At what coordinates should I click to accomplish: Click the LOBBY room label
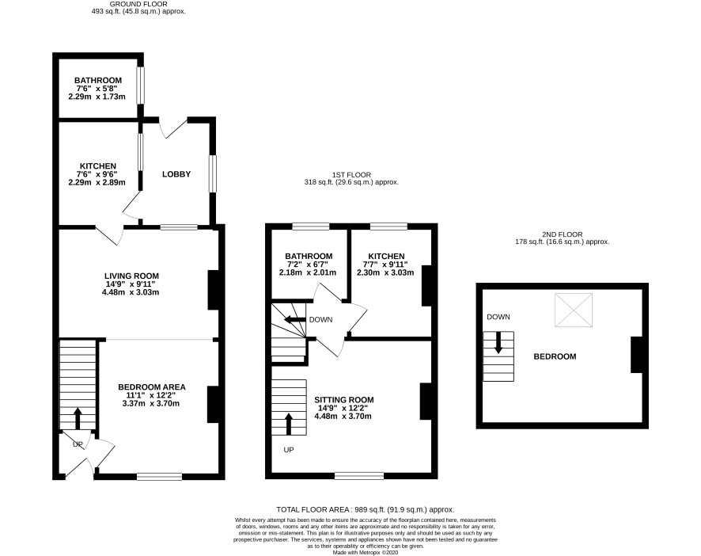click(x=176, y=174)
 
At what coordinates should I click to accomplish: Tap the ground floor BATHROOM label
click(x=98, y=81)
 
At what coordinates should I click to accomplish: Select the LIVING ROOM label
click(x=131, y=276)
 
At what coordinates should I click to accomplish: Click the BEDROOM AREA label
click(x=152, y=387)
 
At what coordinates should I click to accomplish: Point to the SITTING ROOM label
click(x=344, y=400)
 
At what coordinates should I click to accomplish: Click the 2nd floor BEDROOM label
click(x=555, y=356)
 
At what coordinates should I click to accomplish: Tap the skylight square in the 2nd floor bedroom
click(x=574, y=310)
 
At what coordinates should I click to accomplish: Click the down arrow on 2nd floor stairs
click(x=498, y=342)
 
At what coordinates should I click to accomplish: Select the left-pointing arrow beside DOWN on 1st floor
click(x=295, y=320)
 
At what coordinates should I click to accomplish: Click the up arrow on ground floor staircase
click(x=78, y=418)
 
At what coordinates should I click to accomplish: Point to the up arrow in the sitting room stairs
click(x=288, y=424)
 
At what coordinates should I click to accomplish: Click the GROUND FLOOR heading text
click(x=138, y=4)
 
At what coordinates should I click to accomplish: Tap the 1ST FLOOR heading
click(x=351, y=174)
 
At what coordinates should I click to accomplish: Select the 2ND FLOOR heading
click(x=563, y=234)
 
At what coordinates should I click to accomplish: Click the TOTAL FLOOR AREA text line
click(x=366, y=509)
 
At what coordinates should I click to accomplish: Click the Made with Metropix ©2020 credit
click(x=366, y=552)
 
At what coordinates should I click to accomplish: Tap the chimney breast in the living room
click(x=214, y=290)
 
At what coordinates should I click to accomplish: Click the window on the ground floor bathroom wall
click(x=141, y=85)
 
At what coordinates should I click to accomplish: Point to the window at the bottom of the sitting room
click(x=359, y=476)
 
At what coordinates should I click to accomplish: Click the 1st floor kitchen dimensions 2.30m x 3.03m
click(x=385, y=272)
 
